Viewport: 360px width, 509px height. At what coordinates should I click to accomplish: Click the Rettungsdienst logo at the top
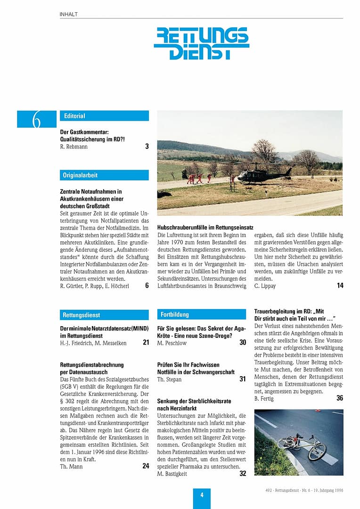(x=201, y=43)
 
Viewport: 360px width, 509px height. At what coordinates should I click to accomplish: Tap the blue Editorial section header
(x=104, y=116)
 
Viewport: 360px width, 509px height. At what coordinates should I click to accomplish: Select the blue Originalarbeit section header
(x=104, y=175)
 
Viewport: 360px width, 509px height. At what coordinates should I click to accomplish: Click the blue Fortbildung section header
(x=202, y=314)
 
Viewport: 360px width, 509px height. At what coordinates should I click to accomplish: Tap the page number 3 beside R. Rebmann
(x=147, y=147)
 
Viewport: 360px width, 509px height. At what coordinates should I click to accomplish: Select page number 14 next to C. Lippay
(x=340, y=286)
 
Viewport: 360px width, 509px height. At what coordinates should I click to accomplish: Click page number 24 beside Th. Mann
(x=146, y=466)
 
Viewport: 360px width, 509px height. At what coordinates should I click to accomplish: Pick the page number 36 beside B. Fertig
(x=340, y=398)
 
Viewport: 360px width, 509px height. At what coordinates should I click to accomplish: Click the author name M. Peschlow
(x=172, y=343)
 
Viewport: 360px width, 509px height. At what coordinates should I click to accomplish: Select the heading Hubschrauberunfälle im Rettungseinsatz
(x=201, y=227)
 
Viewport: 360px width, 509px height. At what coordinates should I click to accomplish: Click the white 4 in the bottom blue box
(x=202, y=495)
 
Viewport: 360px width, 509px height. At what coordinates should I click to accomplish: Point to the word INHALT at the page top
(x=69, y=15)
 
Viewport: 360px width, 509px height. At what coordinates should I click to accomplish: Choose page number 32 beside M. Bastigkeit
(x=243, y=474)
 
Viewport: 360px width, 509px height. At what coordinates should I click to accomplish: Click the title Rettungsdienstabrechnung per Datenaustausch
(x=92, y=368)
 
